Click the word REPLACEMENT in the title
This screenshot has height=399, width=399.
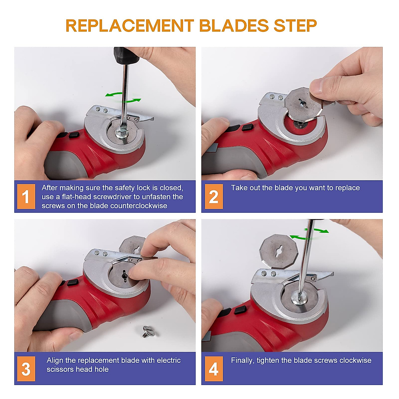coord(130,26)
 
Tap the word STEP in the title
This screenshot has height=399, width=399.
coord(295,26)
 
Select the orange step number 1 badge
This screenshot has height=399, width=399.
coord(26,197)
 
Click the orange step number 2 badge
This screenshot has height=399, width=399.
coord(213,197)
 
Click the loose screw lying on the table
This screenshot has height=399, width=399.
coord(147,331)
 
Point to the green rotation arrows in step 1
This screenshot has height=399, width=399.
coord(123,97)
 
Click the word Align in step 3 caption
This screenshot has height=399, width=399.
coord(55,360)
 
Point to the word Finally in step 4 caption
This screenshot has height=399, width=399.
coord(242,360)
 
